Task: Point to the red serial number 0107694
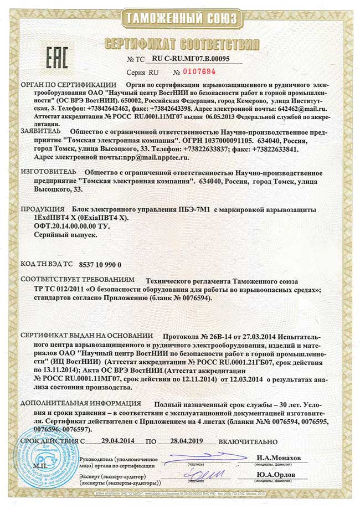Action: (x=194, y=72)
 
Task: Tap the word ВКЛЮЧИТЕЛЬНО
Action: (x=248, y=441)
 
